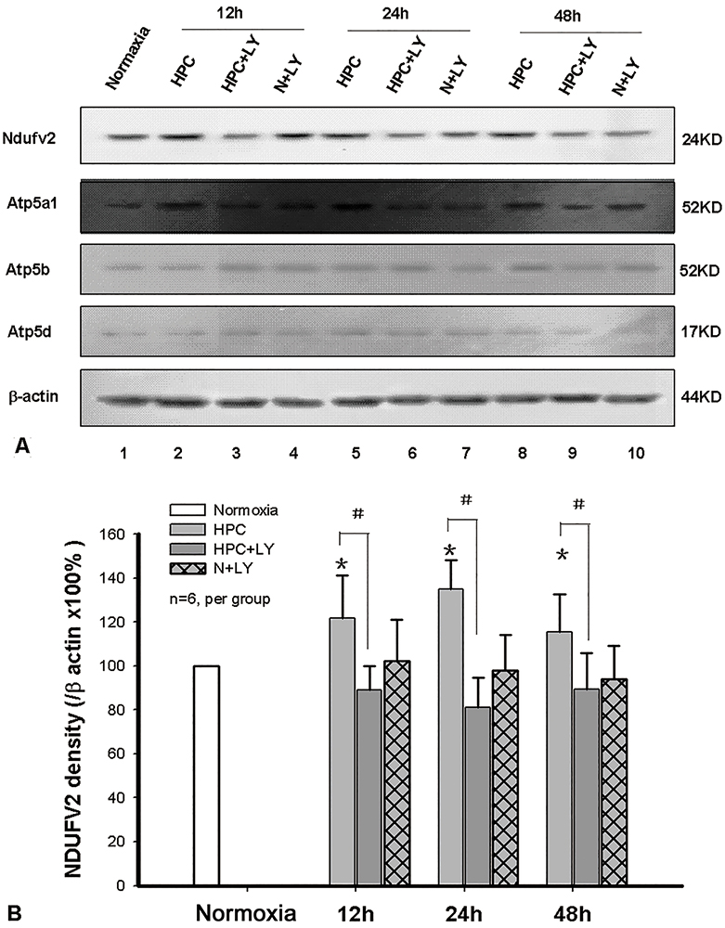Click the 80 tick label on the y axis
pos(117,710)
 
